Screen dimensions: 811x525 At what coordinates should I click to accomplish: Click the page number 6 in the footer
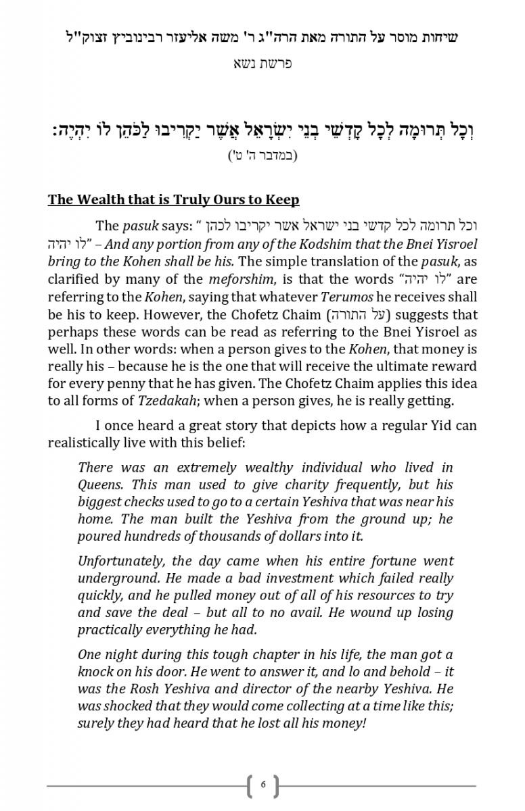262,785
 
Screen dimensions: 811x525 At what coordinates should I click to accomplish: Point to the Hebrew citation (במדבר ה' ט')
262,155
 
